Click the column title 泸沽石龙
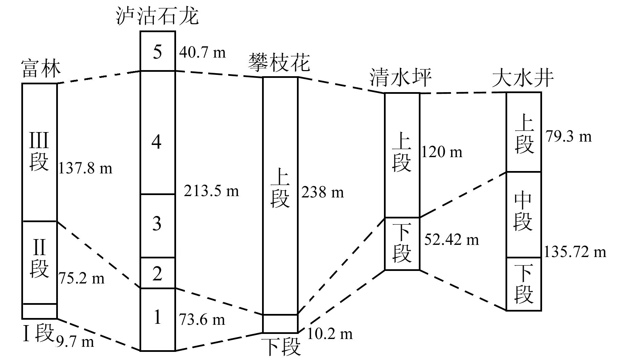pyautogui.click(x=157, y=16)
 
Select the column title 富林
pyautogui.click(x=41, y=69)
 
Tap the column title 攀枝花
pyautogui.click(x=279, y=63)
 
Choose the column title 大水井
pyautogui.click(x=523, y=79)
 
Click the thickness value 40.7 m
pyautogui.click(x=202, y=52)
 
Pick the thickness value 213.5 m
pyautogui.click(x=211, y=191)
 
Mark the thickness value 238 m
pyautogui.click(x=322, y=193)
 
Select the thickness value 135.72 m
pyautogui.click(x=575, y=252)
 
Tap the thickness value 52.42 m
pyautogui.click(x=451, y=240)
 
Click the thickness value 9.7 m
pyautogui.click(x=75, y=342)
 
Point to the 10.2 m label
pyautogui.click(x=330, y=334)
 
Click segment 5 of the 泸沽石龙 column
pyautogui.click(x=157, y=52)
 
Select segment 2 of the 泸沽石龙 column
pyautogui.click(x=157, y=273)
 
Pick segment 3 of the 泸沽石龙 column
pyautogui.click(x=157, y=224)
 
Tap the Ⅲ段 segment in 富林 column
pyautogui.click(x=39, y=152)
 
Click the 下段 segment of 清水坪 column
pyautogui.click(x=402, y=243)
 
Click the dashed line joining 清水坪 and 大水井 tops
pyautogui.click(x=463, y=93)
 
